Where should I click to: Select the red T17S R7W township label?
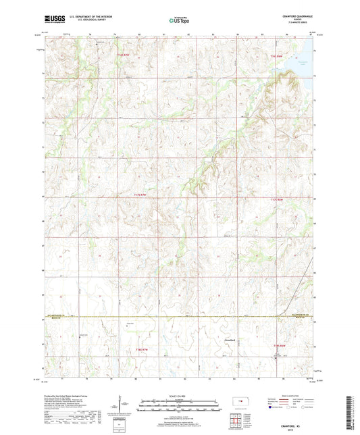click(x=139, y=195)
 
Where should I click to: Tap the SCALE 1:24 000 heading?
click(x=180, y=395)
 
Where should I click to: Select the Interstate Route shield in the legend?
click(x=271, y=407)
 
